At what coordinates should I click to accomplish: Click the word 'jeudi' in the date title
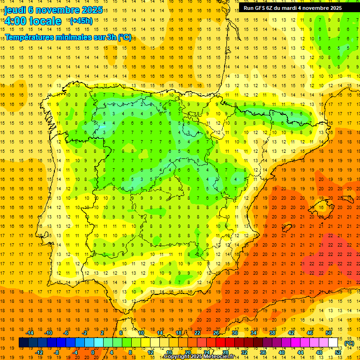pyautogui.click(x=15, y=10)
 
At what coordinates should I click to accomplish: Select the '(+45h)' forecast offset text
pyautogui.click(x=81, y=21)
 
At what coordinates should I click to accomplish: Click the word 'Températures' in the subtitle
pyautogui.click(x=32, y=37)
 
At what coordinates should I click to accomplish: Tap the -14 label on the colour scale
pyautogui.click(x=30, y=333)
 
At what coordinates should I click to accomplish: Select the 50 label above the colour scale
pyautogui.click(x=329, y=333)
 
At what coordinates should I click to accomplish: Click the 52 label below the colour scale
pyautogui.click(x=338, y=352)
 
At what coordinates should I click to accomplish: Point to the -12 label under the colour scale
pyautogui.click(x=39, y=352)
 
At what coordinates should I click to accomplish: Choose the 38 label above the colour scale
pyautogui.click(x=272, y=333)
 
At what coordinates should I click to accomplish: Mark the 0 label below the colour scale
pyautogui.click(x=93, y=352)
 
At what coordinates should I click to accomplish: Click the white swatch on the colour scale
pyautogui.click(x=333, y=343)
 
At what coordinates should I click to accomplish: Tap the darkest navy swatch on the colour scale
pyautogui.click(x=23, y=343)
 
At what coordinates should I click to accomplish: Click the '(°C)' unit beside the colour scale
pyautogui.click(x=349, y=343)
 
